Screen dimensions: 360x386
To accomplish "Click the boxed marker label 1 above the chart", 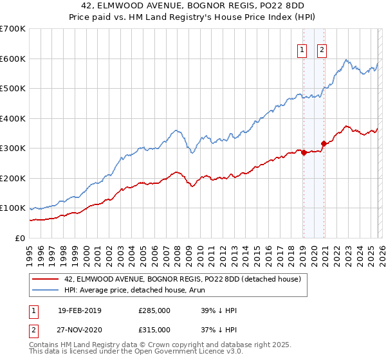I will click(302, 52).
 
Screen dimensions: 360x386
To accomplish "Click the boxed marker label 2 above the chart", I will click(322, 52).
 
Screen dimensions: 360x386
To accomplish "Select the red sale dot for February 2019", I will click(304, 153).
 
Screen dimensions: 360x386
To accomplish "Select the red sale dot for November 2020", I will click(324, 144).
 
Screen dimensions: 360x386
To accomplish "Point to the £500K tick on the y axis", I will click(12, 89).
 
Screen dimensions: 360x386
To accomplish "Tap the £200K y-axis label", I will click(12, 178).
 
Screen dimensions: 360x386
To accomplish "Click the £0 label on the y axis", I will click(20, 238).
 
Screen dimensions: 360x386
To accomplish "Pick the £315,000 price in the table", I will click(154, 329).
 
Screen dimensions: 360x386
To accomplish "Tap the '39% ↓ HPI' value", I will click(219, 310).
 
